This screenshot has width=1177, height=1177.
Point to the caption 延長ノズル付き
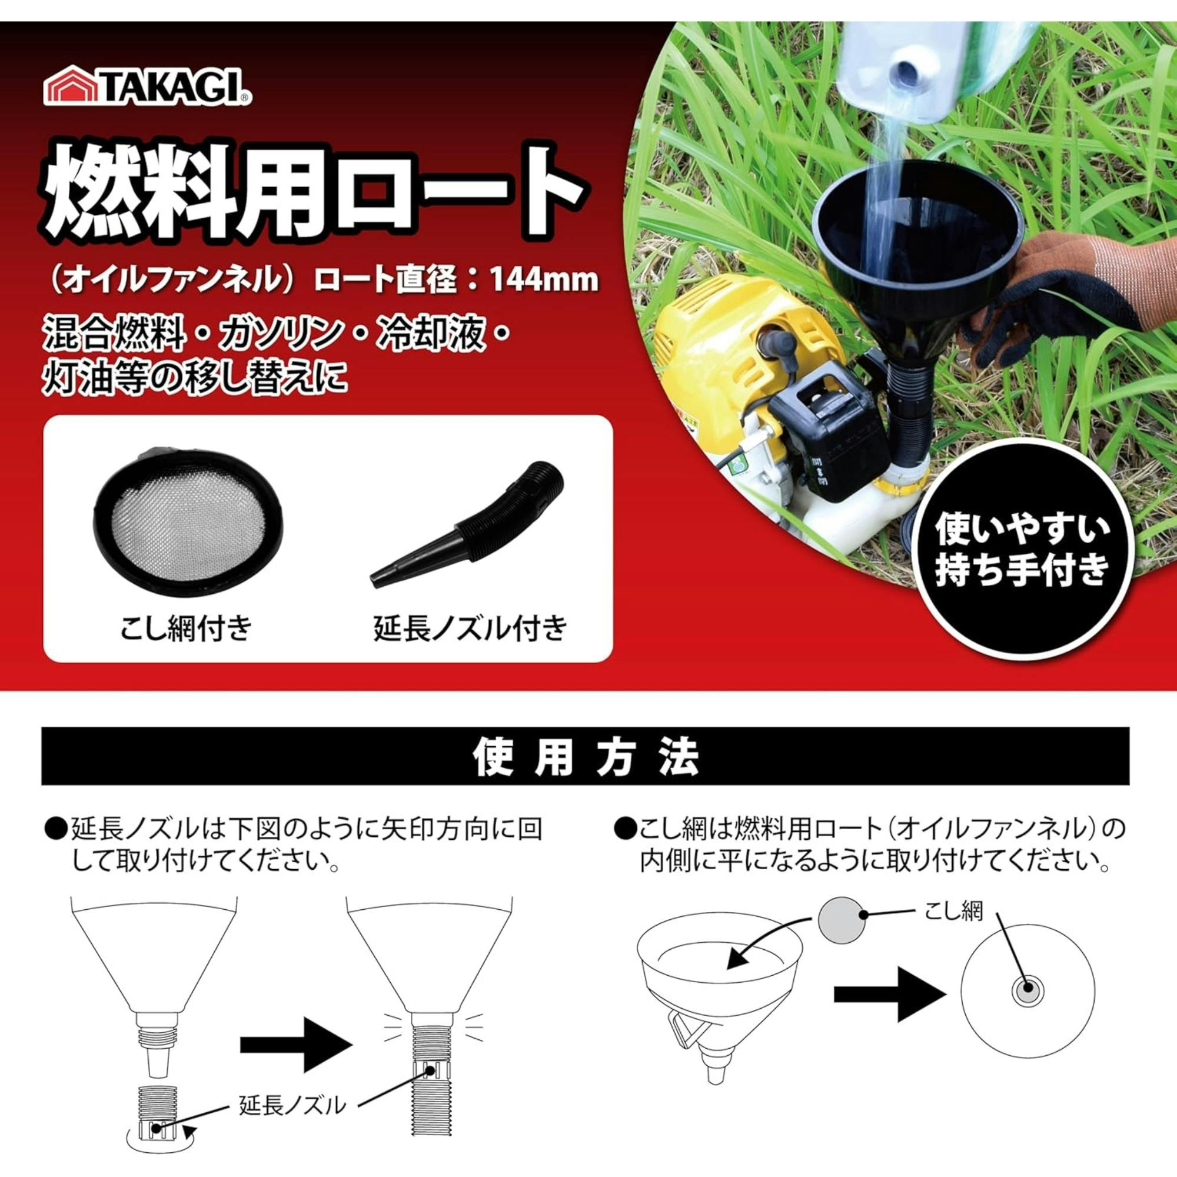tap(470, 628)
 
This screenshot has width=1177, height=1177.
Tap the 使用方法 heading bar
tap(586, 756)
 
